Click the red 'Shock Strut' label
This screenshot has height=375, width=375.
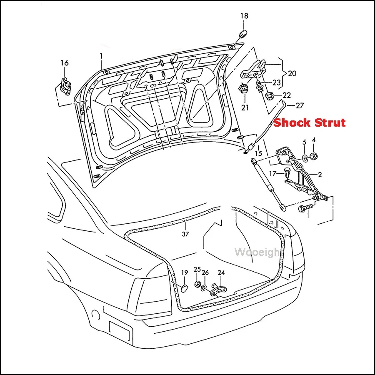[310, 122]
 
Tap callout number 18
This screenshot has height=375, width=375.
[244, 16]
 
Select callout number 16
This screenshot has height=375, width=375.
[64, 63]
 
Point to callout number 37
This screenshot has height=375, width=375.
[185, 234]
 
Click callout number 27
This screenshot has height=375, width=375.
[300, 105]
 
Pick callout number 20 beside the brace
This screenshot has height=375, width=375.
[292, 73]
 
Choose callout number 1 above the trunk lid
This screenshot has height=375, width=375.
[101, 56]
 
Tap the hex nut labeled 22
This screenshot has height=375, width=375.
[270, 96]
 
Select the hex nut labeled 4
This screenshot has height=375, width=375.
[313, 156]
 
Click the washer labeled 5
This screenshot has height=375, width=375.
[305, 157]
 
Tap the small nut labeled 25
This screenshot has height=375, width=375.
[197, 284]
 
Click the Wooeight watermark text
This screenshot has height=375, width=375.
[258, 252]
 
